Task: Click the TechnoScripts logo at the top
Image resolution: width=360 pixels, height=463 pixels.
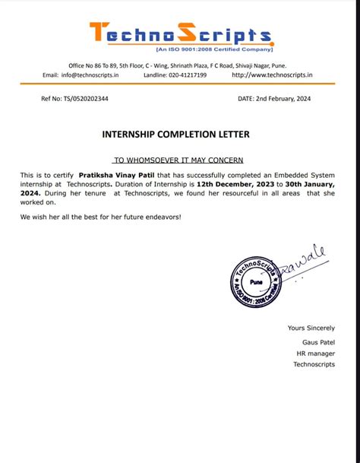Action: [180, 34]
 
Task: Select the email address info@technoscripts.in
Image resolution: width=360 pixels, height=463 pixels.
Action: [90, 75]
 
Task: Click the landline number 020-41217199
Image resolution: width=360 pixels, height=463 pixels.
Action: [186, 75]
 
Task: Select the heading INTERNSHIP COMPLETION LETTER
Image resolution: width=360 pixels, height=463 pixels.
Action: [175, 135]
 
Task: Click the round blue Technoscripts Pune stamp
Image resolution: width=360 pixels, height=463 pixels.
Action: [257, 279]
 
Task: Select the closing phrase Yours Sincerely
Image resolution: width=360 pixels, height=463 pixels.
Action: [311, 328]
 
